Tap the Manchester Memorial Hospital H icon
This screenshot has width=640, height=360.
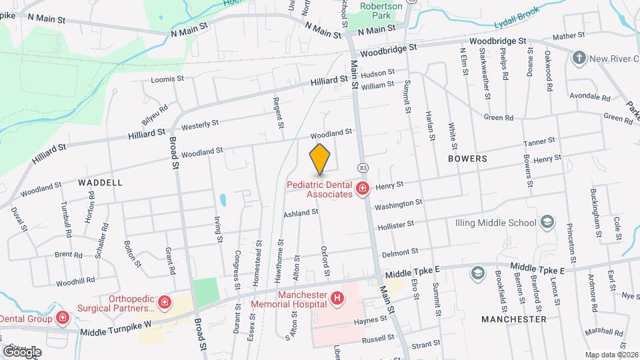click(x=338, y=298)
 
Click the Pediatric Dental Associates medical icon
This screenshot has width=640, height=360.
click(x=362, y=189)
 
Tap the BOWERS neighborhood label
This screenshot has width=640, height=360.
click(x=467, y=159)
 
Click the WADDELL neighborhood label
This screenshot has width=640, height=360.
click(x=100, y=182)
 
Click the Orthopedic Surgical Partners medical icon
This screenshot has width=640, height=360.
click(x=163, y=303)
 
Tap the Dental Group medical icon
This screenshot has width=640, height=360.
click(x=62, y=318)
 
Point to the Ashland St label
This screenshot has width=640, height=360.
click(x=301, y=213)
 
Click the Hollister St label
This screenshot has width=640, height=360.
click(x=398, y=226)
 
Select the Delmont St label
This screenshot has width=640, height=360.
click(x=400, y=251)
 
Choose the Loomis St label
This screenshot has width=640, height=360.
click(x=167, y=79)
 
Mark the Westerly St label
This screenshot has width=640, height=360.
click(x=200, y=124)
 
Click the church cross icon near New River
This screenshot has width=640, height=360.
click(x=579, y=57)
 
